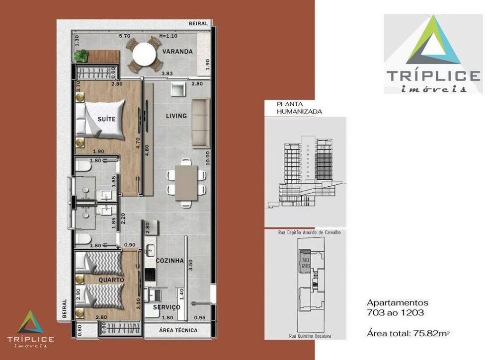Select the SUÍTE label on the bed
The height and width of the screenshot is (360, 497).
point(107,119)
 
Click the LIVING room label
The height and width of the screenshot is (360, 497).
point(176,116)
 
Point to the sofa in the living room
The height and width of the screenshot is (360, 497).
point(200,123)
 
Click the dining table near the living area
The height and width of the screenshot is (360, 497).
point(186,182)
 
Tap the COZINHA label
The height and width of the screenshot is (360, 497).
point(169,260)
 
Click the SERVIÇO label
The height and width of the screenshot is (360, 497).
point(166,307)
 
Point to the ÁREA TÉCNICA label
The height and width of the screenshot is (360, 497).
point(178,330)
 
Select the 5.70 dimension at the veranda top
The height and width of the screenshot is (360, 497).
point(124,36)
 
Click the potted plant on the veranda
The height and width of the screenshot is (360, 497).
point(81,55)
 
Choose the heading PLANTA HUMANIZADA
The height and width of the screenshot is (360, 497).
point(299,108)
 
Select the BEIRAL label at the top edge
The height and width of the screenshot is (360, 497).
point(198,23)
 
